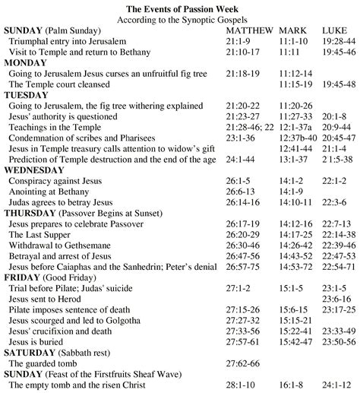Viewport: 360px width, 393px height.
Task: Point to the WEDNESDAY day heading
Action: [38, 172]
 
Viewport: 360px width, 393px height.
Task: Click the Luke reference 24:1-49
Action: [339, 386]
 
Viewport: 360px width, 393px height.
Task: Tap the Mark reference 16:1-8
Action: [292, 386]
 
